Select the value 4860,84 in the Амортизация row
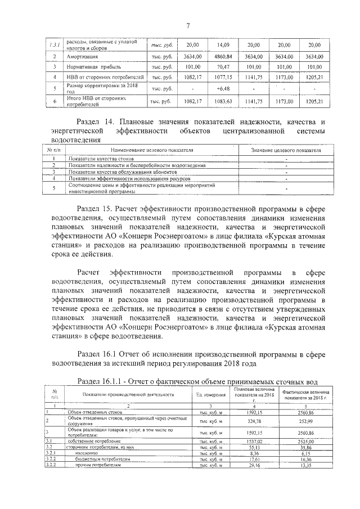click(224, 57)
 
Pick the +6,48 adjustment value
click(223, 88)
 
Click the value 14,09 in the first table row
click(224, 44)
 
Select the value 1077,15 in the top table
click(224, 77)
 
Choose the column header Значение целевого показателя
click(286, 151)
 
